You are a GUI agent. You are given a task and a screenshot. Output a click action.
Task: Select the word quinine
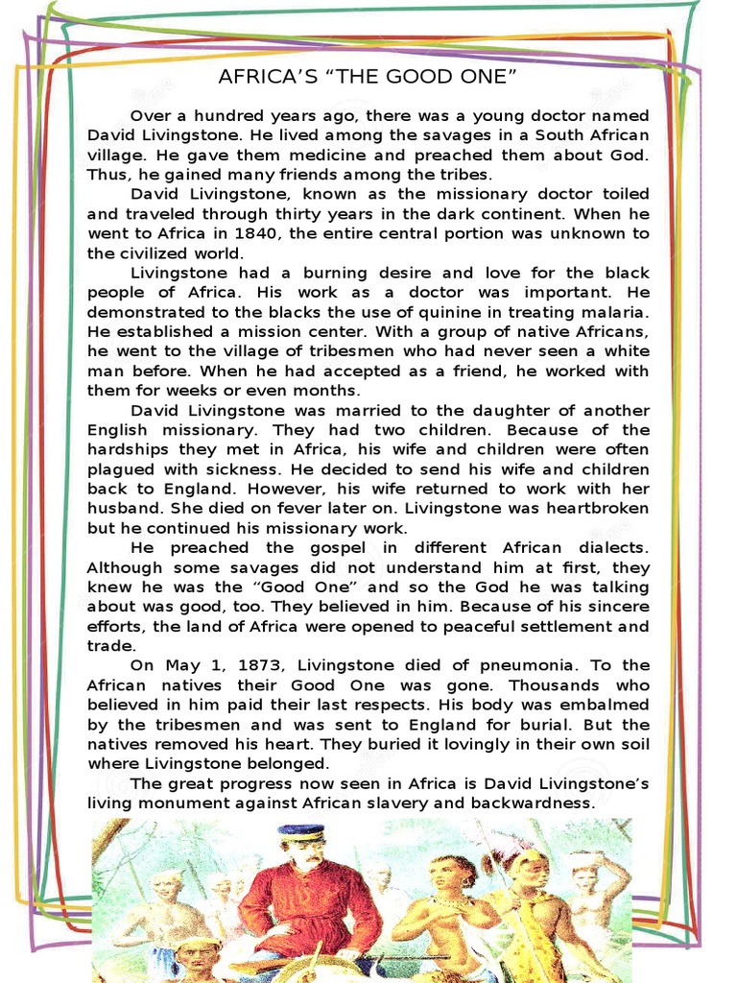point(429,312)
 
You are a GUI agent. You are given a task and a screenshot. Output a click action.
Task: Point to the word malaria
point(613,312)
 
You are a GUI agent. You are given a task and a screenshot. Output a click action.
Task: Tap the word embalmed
point(601,705)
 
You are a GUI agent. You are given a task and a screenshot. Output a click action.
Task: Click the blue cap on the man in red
point(301,832)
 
